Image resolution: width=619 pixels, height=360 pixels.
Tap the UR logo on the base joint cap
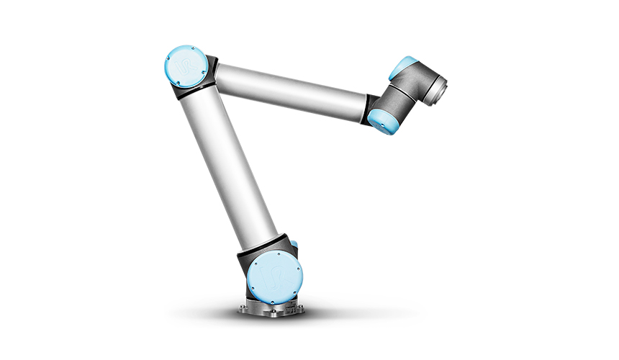pos(273,276)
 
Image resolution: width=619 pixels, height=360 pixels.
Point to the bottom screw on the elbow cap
pos(184,85)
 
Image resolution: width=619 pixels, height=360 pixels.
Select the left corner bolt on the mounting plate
pos(244,311)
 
